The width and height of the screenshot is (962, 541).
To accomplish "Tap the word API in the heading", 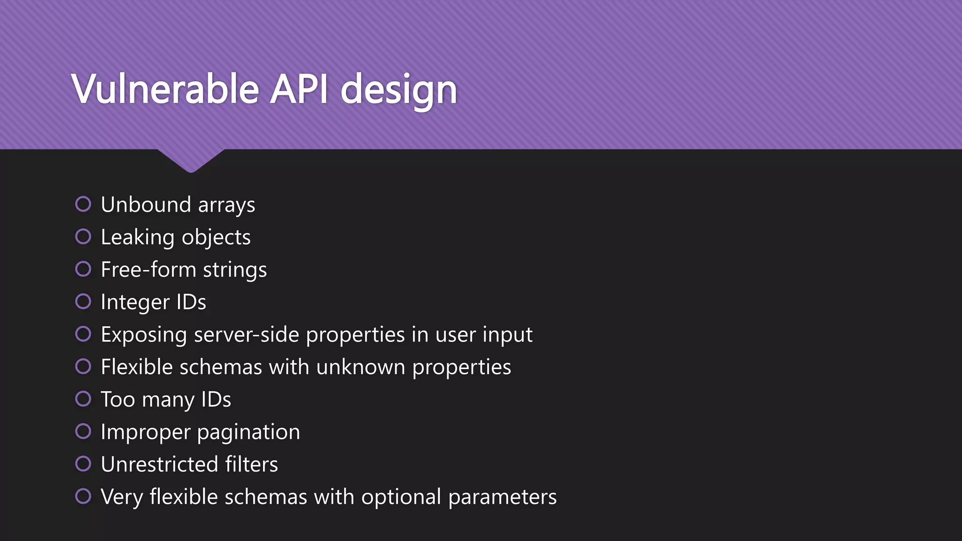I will pyautogui.click(x=299, y=89).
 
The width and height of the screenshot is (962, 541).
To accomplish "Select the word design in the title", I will pyautogui.click(x=398, y=90).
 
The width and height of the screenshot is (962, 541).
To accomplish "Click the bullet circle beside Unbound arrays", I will pyautogui.click(x=83, y=204).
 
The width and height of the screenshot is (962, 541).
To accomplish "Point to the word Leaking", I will pyautogui.click(x=138, y=238).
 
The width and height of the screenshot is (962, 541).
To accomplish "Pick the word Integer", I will pyautogui.click(x=135, y=302).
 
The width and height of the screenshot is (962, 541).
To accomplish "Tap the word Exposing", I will pyautogui.click(x=144, y=335).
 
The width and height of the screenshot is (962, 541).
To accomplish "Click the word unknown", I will pyautogui.click(x=360, y=367).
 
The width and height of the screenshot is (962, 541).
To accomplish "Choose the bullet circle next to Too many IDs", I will pyautogui.click(x=83, y=399).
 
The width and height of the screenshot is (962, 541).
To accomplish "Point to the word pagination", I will pyautogui.click(x=248, y=433).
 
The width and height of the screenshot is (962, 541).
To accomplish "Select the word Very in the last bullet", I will pyautogui.click(x=122, y=497).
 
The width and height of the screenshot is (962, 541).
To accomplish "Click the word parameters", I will pyautogui.click(x=502, y=497).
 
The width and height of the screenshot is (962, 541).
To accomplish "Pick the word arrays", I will pyautogui.click(x=226, y=205).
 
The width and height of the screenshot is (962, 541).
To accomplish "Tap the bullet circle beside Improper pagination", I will pyautogui.click(x=83, y=431).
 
